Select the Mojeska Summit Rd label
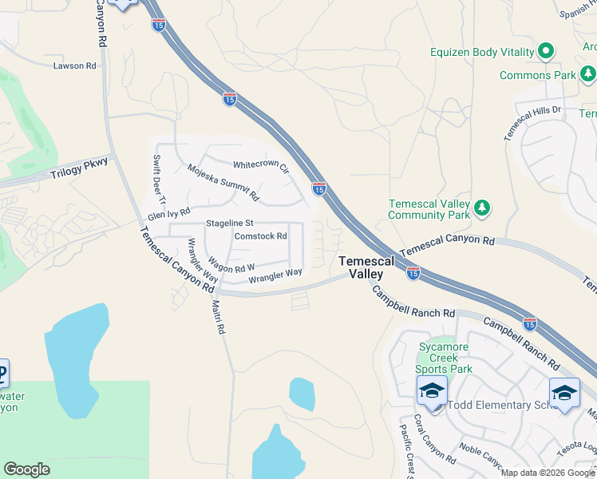click(x=223, y=183)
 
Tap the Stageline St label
click(x=229, y=223)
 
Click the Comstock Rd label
click(x=260, y=236)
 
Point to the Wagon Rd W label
click(x=231, y=264)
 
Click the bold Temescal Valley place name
click(x=366, y=267)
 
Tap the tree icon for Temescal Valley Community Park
click(x=481, y=208)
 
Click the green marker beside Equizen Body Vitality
click(x=546, y=52)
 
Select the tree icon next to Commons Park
click(x=588, y=75)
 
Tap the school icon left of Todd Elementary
click(x=432, y=391)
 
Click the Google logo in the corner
click(x=26, y=469)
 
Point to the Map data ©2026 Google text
click(x=548, y=473)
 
